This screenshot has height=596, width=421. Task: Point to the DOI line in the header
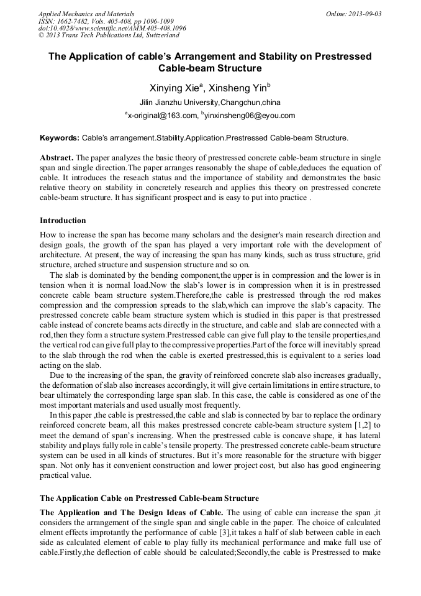112,28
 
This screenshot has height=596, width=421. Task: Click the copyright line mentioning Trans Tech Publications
109,35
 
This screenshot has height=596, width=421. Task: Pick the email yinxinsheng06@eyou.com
248,116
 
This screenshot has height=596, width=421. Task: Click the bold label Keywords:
60,137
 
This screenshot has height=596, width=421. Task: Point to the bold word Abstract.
57,158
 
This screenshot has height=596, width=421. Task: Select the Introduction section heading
63,221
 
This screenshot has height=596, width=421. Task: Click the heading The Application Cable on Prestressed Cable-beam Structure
149,498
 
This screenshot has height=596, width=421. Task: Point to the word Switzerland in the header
160,35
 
